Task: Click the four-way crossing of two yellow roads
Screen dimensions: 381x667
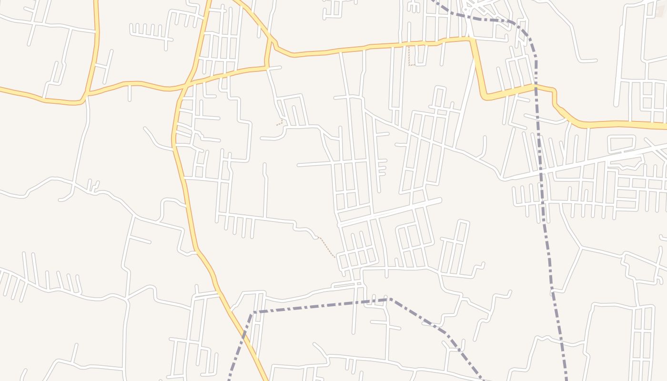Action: coord(187,85)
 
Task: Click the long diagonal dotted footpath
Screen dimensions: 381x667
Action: coord(327,248)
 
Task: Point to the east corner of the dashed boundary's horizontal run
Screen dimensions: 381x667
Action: coord(390,299)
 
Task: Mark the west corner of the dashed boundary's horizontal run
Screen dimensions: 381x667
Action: coord(253,312)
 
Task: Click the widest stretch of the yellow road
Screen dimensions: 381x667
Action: coord(619,124)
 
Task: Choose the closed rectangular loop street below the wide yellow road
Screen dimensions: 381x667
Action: coord(621,142)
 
